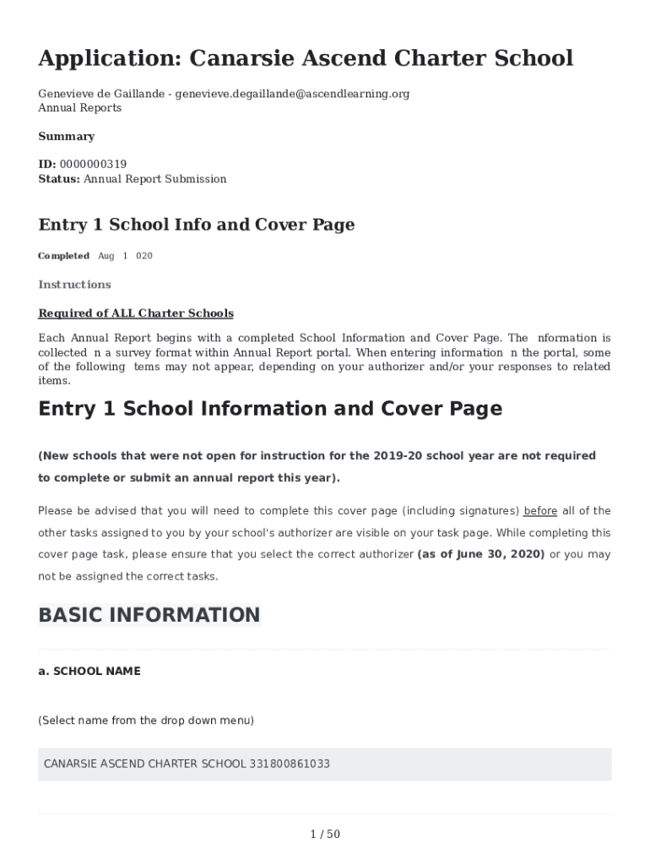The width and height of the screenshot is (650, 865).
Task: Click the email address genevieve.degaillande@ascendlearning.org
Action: click(x=292, y=94)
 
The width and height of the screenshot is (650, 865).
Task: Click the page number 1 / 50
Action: click(x=325, y=835)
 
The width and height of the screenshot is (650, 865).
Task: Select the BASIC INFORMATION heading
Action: click(x=149, y=615)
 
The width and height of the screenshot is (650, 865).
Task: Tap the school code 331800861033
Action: click(x=290, y=764)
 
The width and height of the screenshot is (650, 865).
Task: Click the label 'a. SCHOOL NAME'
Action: click(x=89, y=672)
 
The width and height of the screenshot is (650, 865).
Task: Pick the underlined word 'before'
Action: click(x=540, y=511)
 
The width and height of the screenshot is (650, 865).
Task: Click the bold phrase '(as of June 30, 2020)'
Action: click(x=481, y=555)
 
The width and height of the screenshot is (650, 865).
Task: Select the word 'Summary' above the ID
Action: click(x=67, y=137)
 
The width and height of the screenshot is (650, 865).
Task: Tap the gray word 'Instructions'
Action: click(x=74, y=285)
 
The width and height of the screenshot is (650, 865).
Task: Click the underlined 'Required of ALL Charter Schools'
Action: click(x=136, y=313)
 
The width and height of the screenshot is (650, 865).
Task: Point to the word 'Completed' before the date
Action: click(x=63, y=256)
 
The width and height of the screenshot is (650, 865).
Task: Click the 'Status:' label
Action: click(x=59, y=179)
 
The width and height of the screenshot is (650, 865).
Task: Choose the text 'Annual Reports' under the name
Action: click(x=80, y=108)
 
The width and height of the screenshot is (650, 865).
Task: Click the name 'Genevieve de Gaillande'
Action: click(x=101, y=94)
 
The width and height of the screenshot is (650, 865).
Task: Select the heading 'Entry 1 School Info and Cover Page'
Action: click(x=197, y=225)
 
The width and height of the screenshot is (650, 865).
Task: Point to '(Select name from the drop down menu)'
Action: click(x=146, y=721)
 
